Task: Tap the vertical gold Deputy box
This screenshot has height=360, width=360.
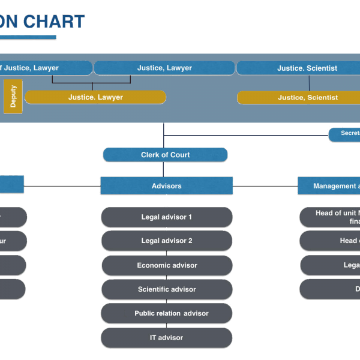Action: pos(13,97)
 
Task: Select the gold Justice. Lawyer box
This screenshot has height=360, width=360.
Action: pos(95,97)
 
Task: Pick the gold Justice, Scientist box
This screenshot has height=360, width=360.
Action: pos(298,97)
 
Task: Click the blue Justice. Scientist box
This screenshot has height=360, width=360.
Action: pos(298,68)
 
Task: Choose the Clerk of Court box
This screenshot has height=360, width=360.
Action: pos(165,155)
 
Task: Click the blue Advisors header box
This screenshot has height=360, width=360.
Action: pos(166,186)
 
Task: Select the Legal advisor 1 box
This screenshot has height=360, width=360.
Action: pos(166,217)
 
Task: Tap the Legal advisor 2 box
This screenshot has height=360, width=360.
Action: pos(166,241)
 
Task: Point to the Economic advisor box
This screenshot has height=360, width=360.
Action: pos(166,265)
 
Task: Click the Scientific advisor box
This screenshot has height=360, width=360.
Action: pos(166,289)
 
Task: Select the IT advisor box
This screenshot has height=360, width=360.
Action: pos(166,338)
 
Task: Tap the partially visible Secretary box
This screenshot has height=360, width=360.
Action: pos(344,134)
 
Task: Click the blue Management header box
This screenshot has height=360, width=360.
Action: pos(329,186)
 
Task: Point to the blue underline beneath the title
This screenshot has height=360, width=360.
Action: pos(28,38)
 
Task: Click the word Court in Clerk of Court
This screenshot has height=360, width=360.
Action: pos(179,155)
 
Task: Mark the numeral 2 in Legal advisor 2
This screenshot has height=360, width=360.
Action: pos(190,241)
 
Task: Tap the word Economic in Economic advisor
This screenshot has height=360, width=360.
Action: pos(151,265)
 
